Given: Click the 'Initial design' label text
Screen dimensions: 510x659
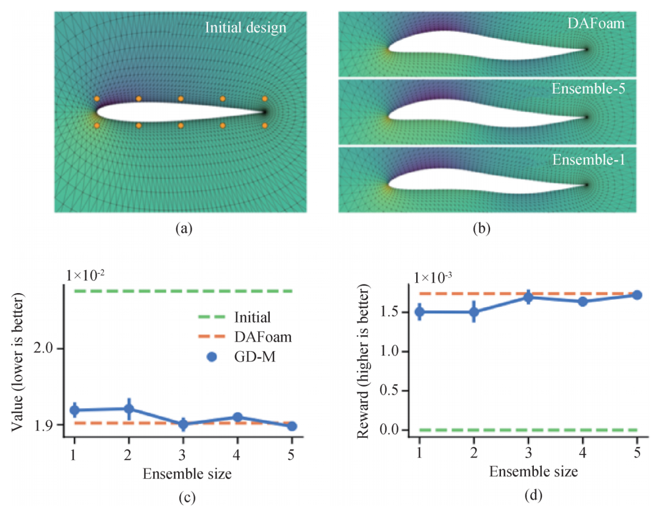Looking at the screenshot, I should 245,27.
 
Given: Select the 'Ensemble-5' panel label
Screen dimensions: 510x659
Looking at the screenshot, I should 591,89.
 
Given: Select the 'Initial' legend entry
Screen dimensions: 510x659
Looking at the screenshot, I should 252,317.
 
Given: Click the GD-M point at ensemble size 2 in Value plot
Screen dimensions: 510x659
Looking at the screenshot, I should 129,409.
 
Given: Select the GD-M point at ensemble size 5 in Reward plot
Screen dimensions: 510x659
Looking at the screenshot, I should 637,295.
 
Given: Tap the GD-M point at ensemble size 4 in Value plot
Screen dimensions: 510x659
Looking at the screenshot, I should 237,418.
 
